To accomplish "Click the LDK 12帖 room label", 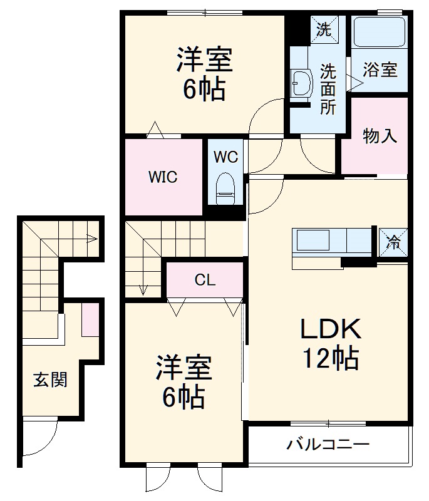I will (331, 344).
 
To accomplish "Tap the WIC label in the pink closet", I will (163, 177).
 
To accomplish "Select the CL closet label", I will (205, 280).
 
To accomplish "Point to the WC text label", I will (225, 157).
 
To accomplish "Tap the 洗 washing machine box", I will (324, 29).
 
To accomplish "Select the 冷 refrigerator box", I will (393, 240).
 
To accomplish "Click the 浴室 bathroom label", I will (380, 70).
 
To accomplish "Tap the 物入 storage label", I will (380, 135).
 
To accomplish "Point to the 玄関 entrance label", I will (51, 380).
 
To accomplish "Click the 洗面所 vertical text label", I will (328, 89).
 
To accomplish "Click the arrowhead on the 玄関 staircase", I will (92, 238).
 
